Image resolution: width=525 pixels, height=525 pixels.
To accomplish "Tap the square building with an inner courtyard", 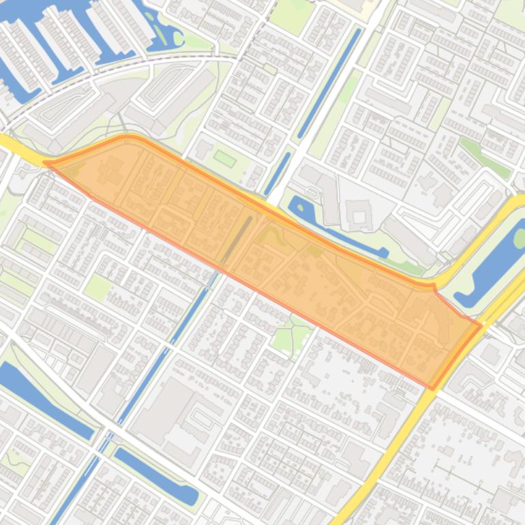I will click(x=359, y=214).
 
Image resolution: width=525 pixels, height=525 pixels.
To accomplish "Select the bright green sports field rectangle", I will click(x=224, y=159).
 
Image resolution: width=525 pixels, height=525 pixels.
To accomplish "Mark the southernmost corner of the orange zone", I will click(x=432, y=389).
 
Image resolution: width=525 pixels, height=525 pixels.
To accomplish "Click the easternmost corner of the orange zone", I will click(x=481, y=326).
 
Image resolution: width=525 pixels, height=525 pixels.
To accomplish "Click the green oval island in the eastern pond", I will click(x=520, y=238).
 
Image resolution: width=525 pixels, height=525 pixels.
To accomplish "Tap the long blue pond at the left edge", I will click(x=41, y=399).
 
